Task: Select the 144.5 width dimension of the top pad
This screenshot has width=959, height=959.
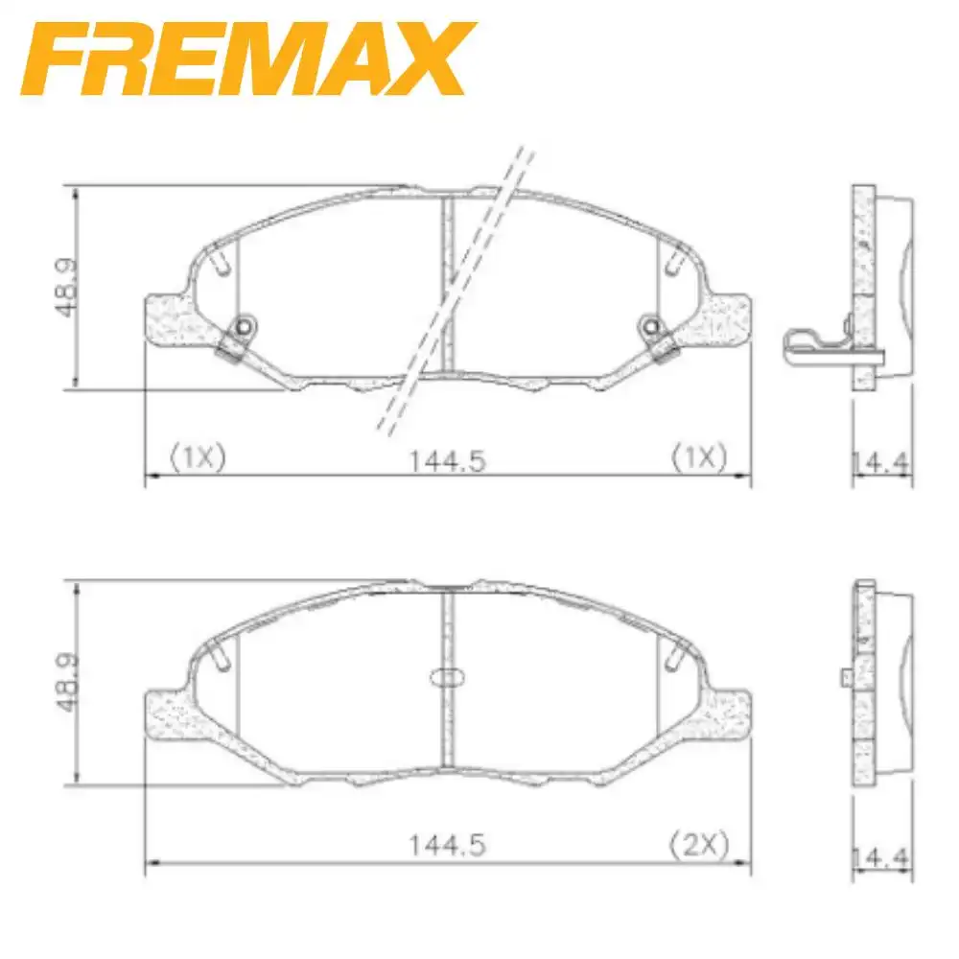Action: coord(448,460)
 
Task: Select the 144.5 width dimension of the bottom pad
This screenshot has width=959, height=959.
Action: coord(448,846)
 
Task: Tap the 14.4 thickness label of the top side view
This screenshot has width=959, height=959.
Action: coord(882,461)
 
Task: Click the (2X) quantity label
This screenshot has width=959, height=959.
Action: coord(698,845)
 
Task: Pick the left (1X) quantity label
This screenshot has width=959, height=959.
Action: coord(197,458)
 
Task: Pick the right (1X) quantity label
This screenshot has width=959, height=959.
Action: coord(698,458)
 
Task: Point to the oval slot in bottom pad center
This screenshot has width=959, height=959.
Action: coord(448,676)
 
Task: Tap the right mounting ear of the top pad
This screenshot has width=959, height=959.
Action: coord(727,319)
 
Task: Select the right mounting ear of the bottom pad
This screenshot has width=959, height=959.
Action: coord(727,713)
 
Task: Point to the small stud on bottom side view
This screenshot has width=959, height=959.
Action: coord(846,677)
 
